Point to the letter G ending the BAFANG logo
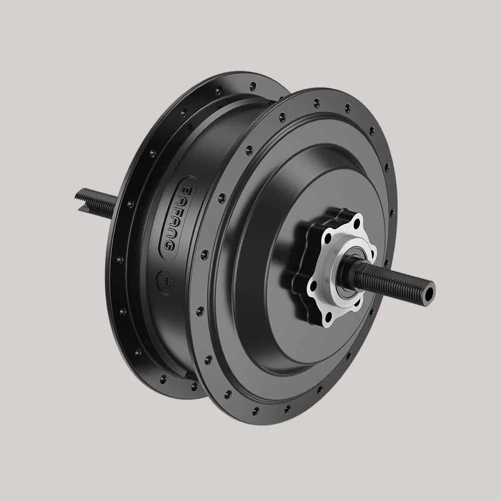[169, 245]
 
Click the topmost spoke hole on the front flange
[316, 103]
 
